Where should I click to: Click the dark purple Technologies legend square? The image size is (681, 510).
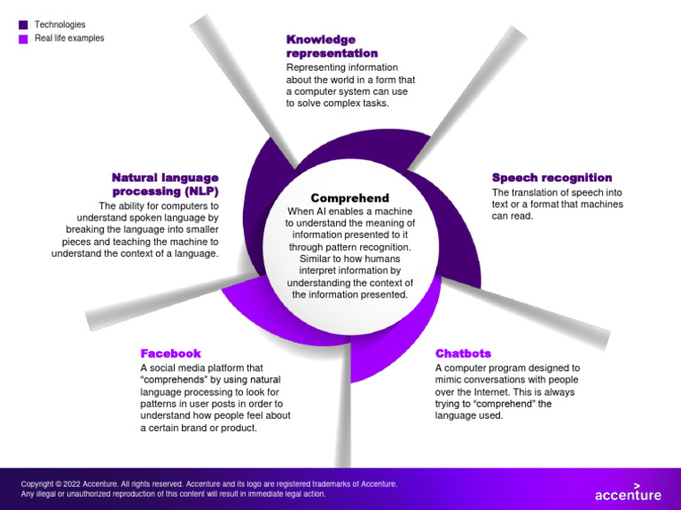point(23,25)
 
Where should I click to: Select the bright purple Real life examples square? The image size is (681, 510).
point(23,39)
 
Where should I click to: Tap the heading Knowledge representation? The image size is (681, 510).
point(332,46)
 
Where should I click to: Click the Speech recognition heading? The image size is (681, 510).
point(552,177)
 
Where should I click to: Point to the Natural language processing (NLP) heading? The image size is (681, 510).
point(166,184)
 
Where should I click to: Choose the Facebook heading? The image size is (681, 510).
point(170,353)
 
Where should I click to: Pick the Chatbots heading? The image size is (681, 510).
point(463,353)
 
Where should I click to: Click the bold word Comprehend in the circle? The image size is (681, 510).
point(349,198)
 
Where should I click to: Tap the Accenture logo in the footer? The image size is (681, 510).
point(628,492)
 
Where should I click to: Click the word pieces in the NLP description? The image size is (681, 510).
point(76,242)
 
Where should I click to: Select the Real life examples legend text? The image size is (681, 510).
point(69,38)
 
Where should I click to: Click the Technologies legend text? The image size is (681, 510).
point(60,25)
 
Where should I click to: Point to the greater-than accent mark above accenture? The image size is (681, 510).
point(638,486)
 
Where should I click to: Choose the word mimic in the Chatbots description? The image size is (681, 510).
point(448,380)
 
